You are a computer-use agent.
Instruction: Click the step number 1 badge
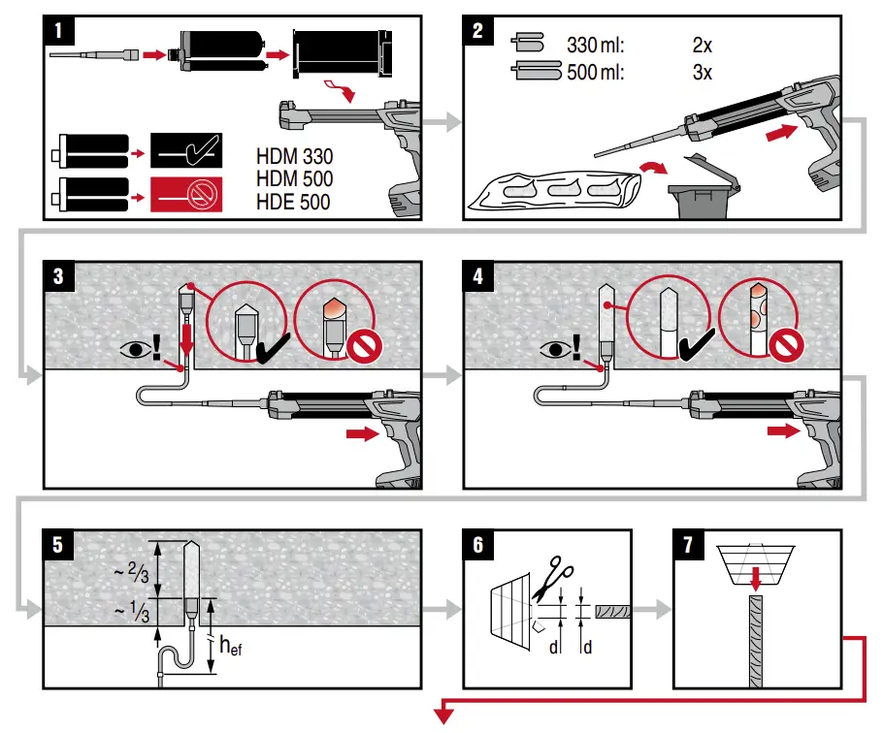60,29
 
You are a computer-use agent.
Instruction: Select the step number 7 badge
688,544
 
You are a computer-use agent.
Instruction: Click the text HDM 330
294,156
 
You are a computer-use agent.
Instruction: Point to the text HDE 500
293,202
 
